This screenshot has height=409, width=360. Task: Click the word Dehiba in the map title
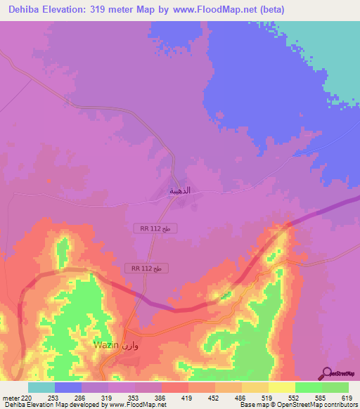24,9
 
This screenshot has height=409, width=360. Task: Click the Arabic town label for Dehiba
181,190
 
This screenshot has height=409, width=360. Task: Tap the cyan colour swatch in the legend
41,387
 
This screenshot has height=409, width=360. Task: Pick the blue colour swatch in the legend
68,387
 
